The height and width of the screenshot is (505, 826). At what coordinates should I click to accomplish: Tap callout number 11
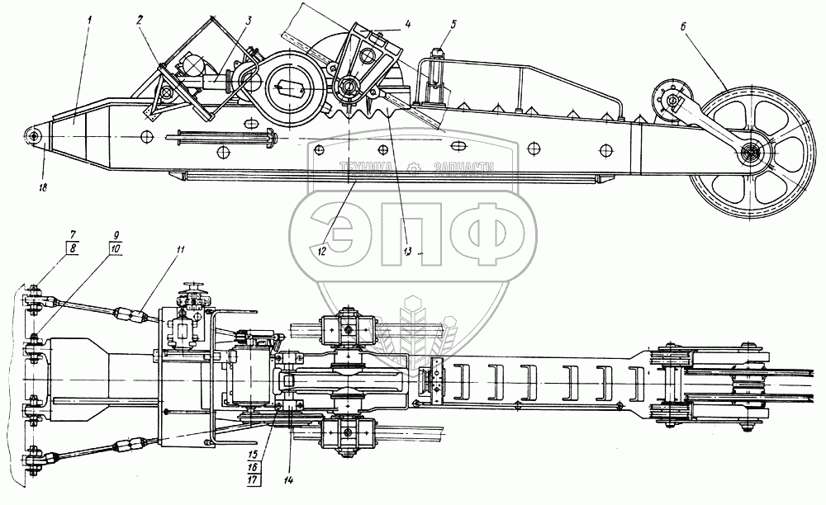coord(180,250)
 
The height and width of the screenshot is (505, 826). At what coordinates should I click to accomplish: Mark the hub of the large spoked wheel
coord(752,153)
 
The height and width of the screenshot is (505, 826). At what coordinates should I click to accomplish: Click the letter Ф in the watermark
coord(484,233)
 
